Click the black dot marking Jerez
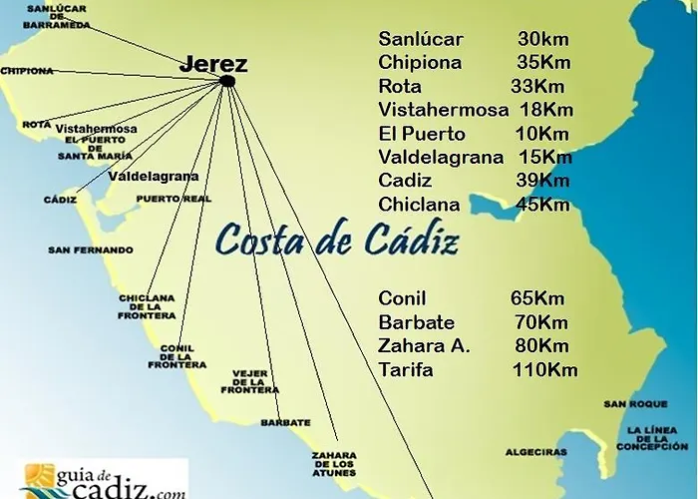[x=227, y=81]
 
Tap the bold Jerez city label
[x=213, y=64]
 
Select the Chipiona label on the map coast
[x=27, y=71]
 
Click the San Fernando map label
[x=90, y=249]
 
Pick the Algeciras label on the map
[x=536, y=451]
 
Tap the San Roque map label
[x=628, y=404]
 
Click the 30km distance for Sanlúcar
[x=542, y=40]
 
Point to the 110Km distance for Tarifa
[x=542, y=370]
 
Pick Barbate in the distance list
[x=417, y=322]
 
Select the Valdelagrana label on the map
[x=153, y=176]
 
